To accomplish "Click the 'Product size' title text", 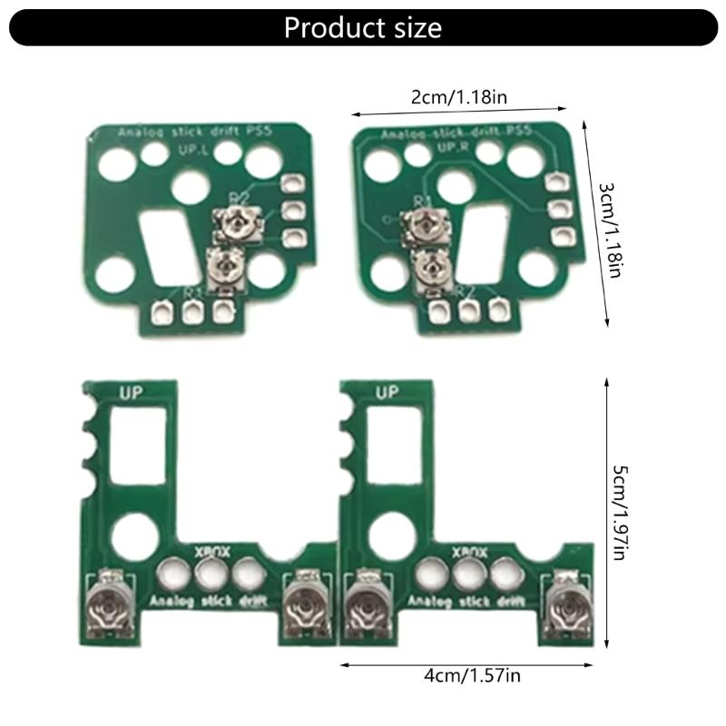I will (x=363, y=27).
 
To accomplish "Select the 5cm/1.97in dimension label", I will (x=619, y=513).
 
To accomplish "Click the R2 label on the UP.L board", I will (x=239, y=198).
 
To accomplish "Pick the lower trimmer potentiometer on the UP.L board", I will (x=222, y=268).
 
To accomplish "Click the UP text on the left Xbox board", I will (x=134, y=393).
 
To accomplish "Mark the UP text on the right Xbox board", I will (x=388, y=393).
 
